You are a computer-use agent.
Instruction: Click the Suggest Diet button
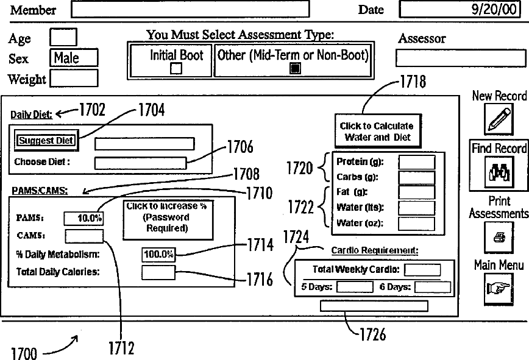(x=46, y=141)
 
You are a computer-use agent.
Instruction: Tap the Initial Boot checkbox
(x=176, y=69)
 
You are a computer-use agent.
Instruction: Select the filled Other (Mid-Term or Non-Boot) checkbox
(x=294, y=69)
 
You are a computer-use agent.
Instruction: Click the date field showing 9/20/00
(x=462, y=10)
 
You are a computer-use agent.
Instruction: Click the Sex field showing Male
(x=74, y=58)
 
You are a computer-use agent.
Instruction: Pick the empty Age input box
(x=63, y=38)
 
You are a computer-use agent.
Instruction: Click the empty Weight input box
(x=74, y=79)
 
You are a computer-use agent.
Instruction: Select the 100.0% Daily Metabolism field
(x=158, y=254)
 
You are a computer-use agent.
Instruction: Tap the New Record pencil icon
(x=499, y=119)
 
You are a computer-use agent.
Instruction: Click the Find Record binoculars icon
(x=499, y=173)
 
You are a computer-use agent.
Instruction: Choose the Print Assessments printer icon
(x=499, y=236)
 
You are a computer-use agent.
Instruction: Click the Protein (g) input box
(x=417, y=162)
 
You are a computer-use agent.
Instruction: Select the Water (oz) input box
(x=417, y=223)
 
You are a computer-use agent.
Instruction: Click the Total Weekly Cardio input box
(x=422, y=269)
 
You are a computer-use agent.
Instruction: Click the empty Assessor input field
(x=461, y=58)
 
